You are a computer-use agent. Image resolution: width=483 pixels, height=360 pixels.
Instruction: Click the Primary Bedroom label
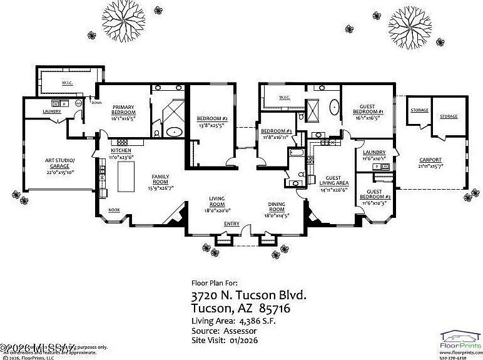(123, 110)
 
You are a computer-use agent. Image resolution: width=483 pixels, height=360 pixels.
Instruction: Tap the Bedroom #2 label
(211, 118)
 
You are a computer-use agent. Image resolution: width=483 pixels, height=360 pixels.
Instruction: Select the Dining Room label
(277, 207)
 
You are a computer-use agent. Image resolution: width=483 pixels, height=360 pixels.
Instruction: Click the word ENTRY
(231, 224)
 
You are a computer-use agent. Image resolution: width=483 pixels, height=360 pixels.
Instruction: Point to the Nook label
(114, 210)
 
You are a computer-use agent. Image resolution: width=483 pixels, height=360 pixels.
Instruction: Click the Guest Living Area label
(333, 181)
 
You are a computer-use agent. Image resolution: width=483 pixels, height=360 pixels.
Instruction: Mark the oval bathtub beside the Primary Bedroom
(175, 132)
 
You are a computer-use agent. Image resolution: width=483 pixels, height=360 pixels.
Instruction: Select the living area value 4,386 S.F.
(253, 321)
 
